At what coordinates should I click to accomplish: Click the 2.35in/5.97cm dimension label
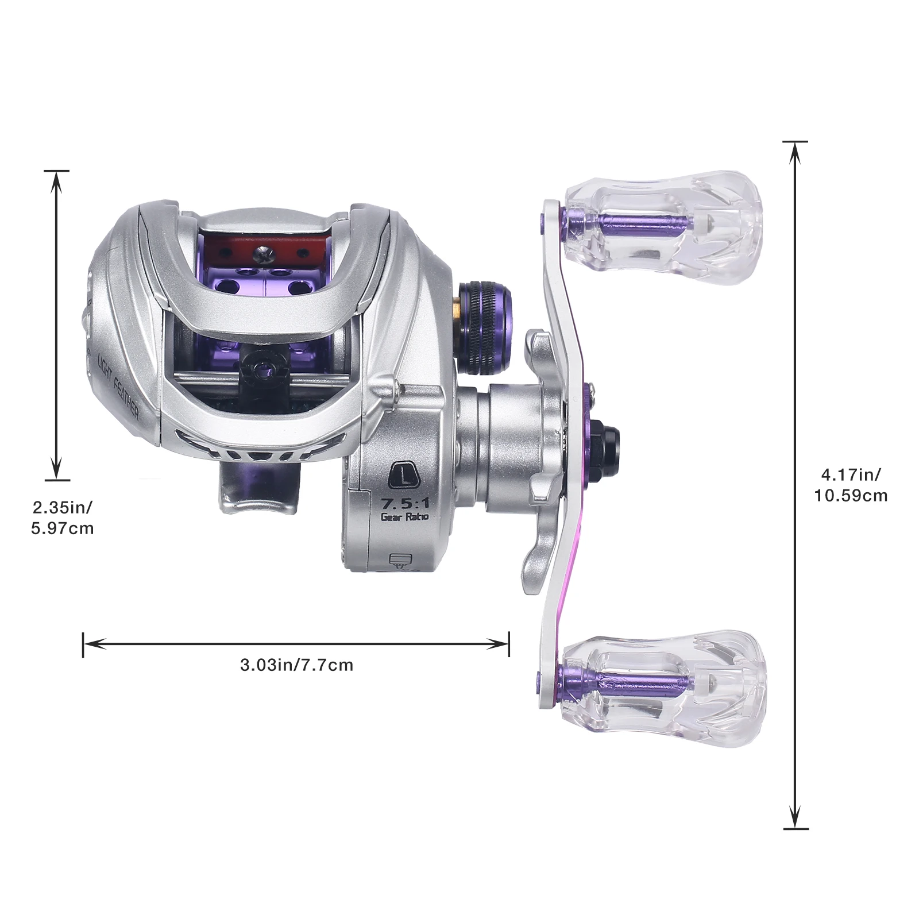62,518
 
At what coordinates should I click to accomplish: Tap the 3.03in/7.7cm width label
296,665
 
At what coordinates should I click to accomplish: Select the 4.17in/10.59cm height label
851,485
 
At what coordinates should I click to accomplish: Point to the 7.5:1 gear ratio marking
406,503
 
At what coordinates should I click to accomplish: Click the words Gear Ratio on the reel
405,516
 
